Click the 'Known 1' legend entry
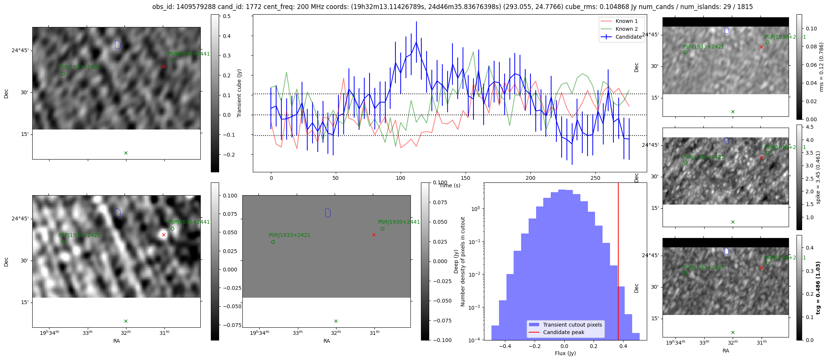(626, 21)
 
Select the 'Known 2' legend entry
(626, 29)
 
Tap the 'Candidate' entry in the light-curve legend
(628, 37)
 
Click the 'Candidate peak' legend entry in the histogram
(564, 332)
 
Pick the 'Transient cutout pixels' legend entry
(572, 325)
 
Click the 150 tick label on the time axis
(465, 178)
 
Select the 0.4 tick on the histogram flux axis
(623, 346)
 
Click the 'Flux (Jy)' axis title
(565, 353)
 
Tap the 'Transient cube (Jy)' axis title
(239, 93)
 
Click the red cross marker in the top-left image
(164, 67)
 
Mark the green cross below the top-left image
(126, 153)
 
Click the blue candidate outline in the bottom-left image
(117, 213)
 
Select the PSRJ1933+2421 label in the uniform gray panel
(289, 235)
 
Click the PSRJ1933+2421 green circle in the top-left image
(63, 74)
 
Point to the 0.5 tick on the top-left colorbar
(227, 16)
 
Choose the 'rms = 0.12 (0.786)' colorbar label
(821, 67)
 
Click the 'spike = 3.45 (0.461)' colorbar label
(818, 177)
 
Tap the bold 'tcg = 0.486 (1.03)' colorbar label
(818, 288)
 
